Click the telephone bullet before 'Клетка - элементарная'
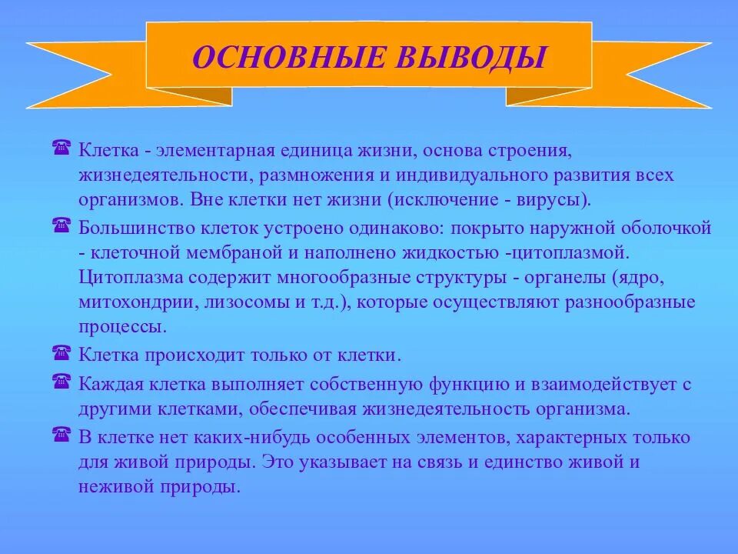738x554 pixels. [x=62, y=146]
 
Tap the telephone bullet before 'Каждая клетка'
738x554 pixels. [x=62, y=379]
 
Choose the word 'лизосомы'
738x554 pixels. [x=248, y=302]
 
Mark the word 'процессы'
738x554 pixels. [x=121, y=326]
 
